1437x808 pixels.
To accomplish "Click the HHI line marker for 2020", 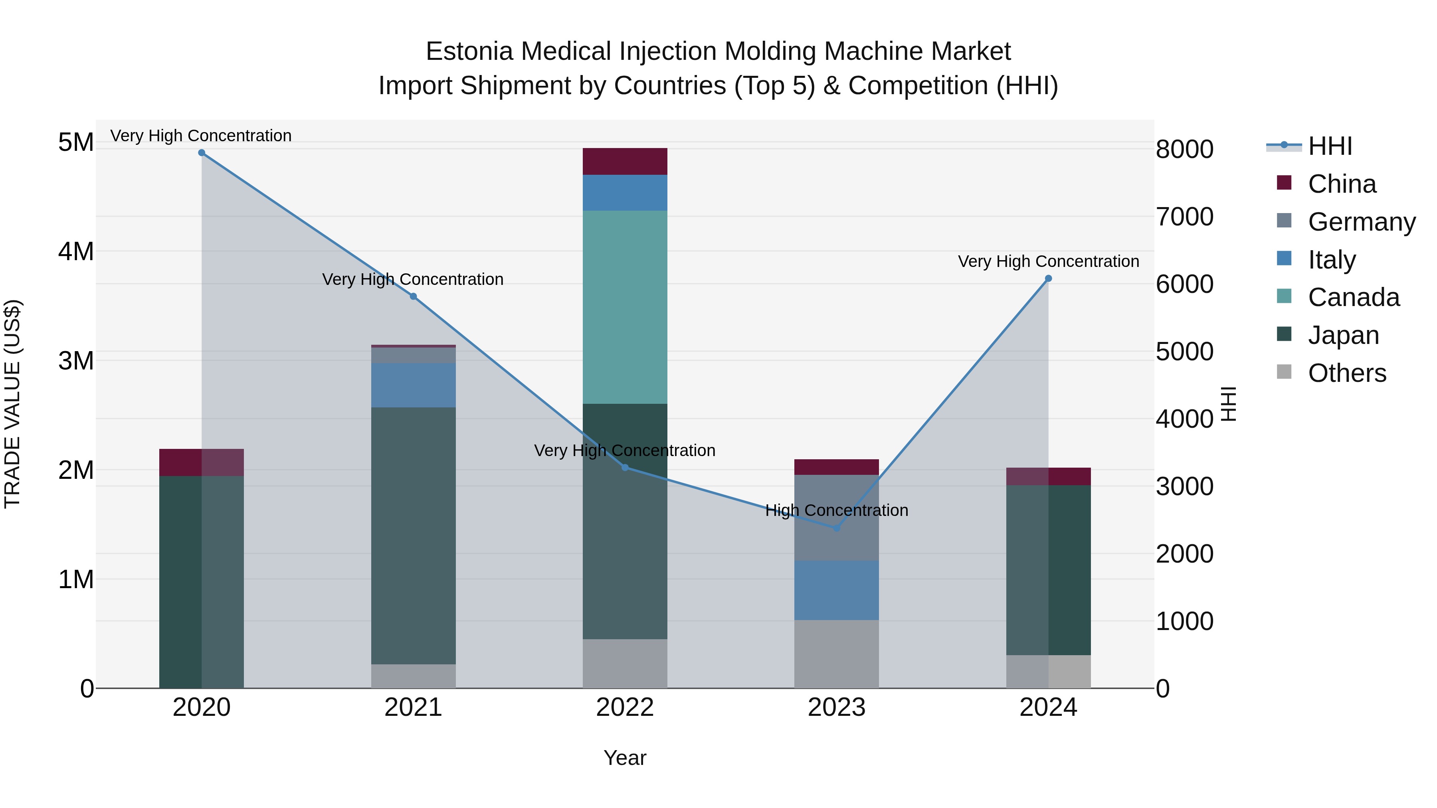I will (x=202, y=153).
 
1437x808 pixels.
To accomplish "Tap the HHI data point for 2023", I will (x=836, y=527).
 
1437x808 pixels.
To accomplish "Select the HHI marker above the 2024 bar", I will (x=1048, y=278).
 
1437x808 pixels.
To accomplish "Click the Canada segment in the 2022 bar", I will (x=625, y=307).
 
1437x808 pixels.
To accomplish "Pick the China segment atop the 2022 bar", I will (x=625, y=161).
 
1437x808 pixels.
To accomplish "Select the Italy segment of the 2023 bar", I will (x=836, y=590).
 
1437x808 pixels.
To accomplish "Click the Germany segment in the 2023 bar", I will (x=836, y=518).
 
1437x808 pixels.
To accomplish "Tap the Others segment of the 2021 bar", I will (x=414, y=676).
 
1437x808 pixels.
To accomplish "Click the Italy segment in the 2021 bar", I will (x=414, y=385).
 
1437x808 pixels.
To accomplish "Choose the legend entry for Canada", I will (x=1353, y=297).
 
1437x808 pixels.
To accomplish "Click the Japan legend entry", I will (x=1343, y=335).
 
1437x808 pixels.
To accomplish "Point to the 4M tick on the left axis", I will (x=76, y=251).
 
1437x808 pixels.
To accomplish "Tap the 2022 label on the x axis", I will (x=625, y=707).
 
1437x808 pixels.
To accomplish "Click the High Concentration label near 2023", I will (x=836, y=510).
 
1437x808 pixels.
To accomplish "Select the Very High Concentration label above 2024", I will (x=1048, y=261).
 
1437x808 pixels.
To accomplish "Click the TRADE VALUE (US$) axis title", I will (x=12, y=404).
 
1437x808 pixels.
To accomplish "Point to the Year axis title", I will (x=625, y=758).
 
